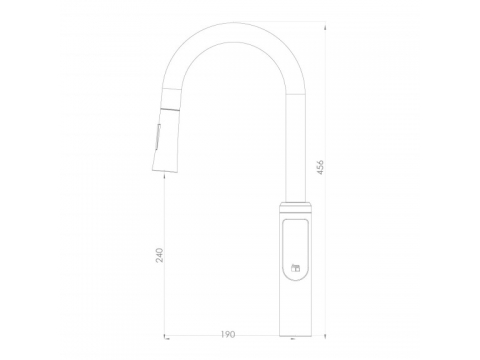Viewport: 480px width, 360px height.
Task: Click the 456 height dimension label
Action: click(320, 168)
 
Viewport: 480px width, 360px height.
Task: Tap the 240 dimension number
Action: click(160, 255)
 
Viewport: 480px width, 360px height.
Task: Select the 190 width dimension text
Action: click(228, 334)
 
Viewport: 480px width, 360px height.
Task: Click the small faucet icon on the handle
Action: click(296, 268)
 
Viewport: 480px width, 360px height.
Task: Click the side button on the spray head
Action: click(157, 137)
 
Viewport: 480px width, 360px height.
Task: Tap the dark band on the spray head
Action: click(171, 109)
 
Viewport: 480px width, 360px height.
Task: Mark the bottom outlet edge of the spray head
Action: click(164, 172)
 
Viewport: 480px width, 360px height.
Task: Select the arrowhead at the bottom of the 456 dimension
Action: click(325, 334)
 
